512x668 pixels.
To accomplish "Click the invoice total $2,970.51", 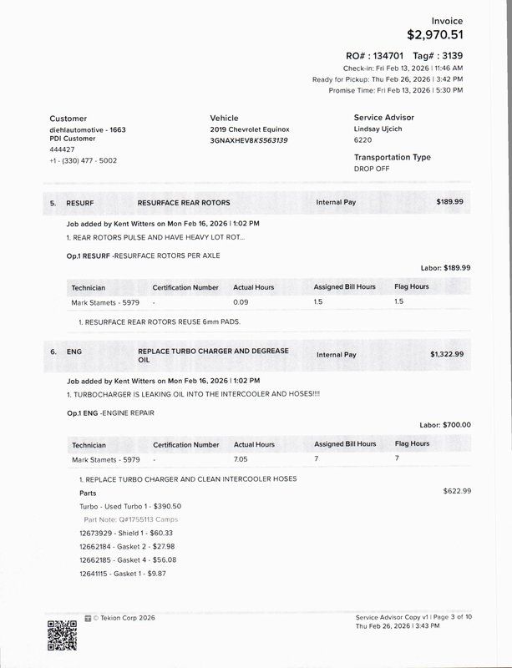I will (434, 35).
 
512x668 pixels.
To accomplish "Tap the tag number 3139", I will (449, 54).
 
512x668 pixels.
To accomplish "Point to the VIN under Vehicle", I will (249, 140).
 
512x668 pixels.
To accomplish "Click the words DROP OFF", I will (371, 169).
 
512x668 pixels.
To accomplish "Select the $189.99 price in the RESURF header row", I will (449, 202).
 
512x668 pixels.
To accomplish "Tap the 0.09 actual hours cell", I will (241, 301).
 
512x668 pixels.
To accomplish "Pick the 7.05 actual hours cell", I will (241, 459).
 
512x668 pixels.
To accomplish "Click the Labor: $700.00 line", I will (444, 424).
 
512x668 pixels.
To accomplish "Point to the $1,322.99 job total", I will (446, 354).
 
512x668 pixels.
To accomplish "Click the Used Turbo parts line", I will (130, 506).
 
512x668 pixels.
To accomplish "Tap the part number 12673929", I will (95, 533).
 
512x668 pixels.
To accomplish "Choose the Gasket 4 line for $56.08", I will (128, 559).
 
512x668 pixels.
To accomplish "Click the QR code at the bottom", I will (62, 635).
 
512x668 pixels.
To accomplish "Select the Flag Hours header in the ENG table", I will (412, 444).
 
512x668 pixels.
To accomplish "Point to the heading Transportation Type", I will (392, 157).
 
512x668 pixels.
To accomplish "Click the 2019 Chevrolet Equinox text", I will (250, 129).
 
